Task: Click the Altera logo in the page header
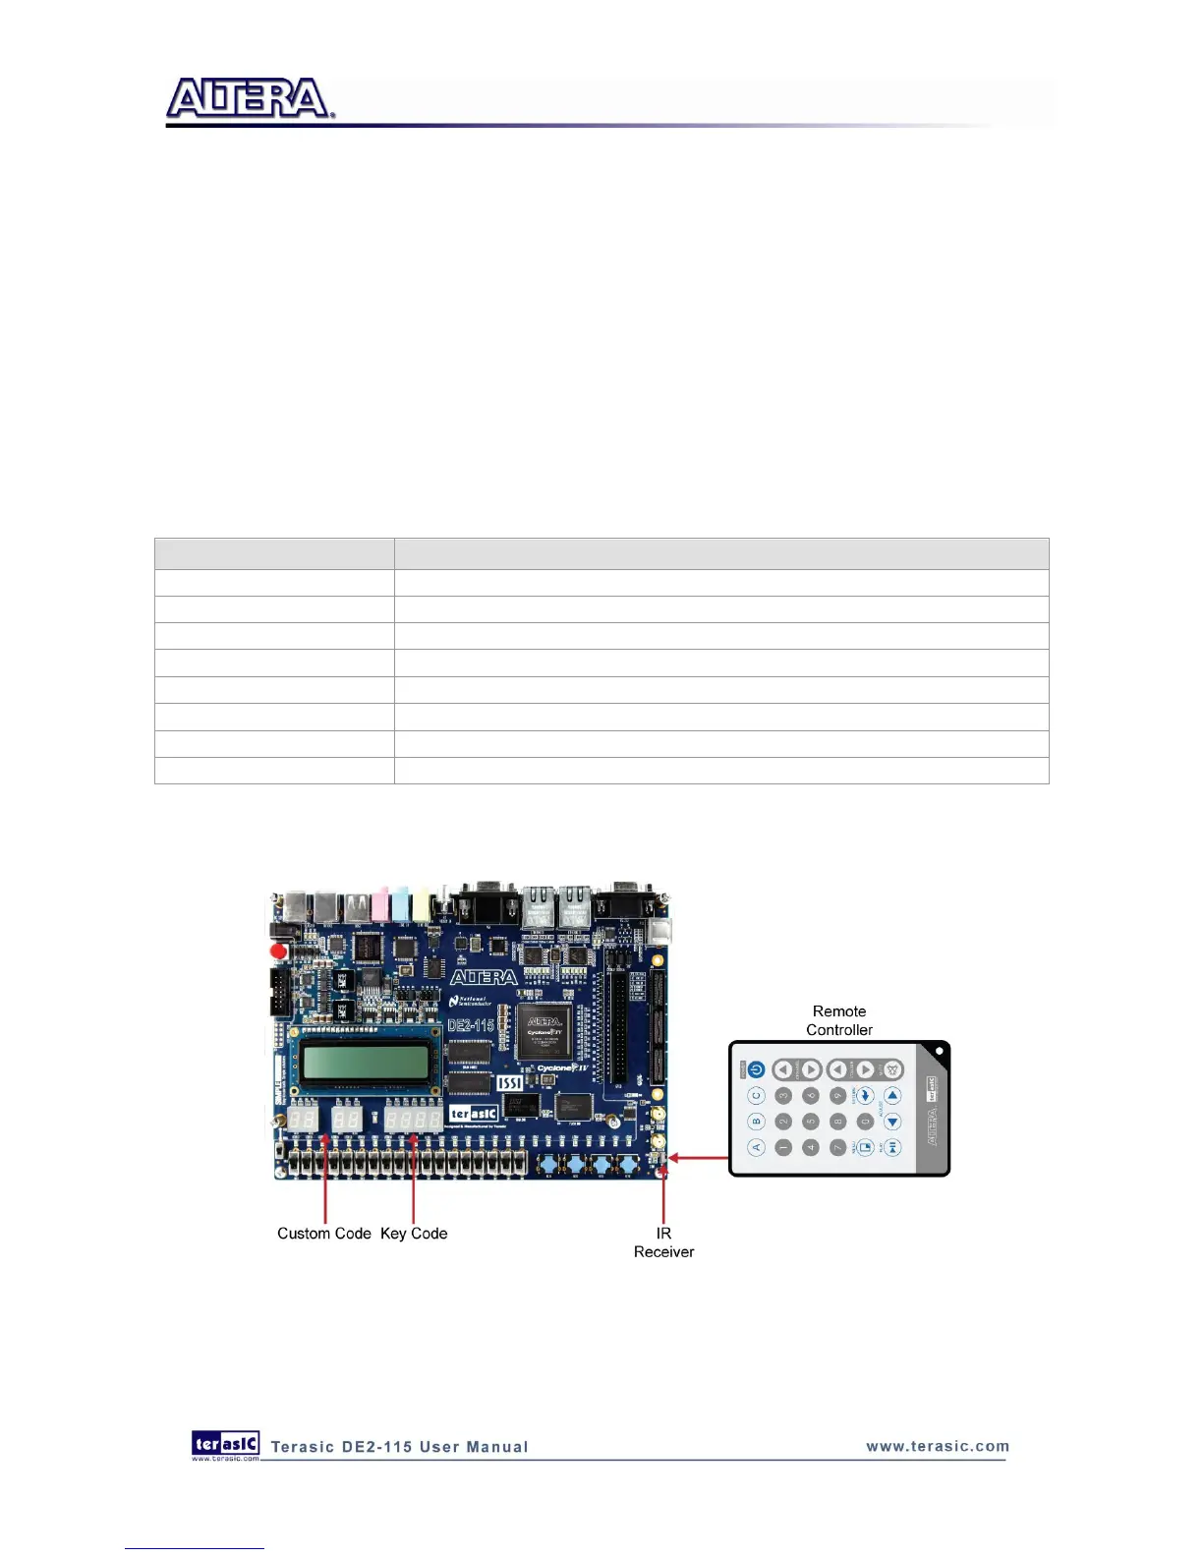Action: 250,99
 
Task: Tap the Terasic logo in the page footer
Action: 226,1443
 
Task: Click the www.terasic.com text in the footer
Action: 938,1446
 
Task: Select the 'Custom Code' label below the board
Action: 323,1234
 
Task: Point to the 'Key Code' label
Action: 414,1234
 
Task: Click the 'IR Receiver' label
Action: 663,1242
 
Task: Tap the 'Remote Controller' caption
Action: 839,1020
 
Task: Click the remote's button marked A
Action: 757,1147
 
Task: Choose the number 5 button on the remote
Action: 811,1122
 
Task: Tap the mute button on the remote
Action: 892,1069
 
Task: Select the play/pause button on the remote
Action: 892,1147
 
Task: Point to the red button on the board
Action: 279,951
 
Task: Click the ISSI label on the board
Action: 509,1082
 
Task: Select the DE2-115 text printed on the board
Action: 471,1025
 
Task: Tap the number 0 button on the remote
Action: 865,1122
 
